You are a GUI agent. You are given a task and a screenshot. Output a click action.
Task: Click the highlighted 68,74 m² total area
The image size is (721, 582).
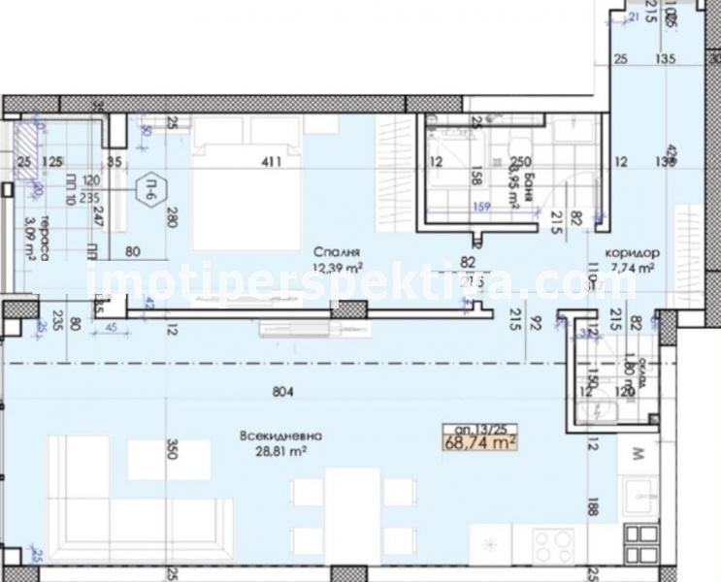477,442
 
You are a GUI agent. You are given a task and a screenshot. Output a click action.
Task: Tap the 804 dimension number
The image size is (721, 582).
282,392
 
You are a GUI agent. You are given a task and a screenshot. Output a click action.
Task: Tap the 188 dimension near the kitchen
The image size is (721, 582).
594,504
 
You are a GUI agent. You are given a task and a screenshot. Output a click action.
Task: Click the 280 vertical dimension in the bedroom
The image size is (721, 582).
172,218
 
